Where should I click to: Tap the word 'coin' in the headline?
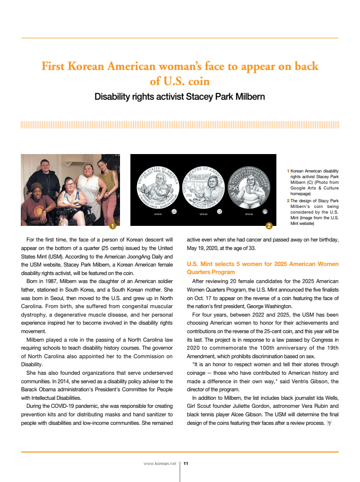(x=198, y=81)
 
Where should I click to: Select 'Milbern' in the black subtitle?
(x=245, y=97)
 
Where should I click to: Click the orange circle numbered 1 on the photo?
(x=112, y=226)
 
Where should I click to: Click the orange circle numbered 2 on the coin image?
(x=269, y=226)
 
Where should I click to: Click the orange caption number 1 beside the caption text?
(x=288, y=171)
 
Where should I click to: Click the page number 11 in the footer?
(x=186, y=464)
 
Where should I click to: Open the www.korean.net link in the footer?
(x=160, y=464)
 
